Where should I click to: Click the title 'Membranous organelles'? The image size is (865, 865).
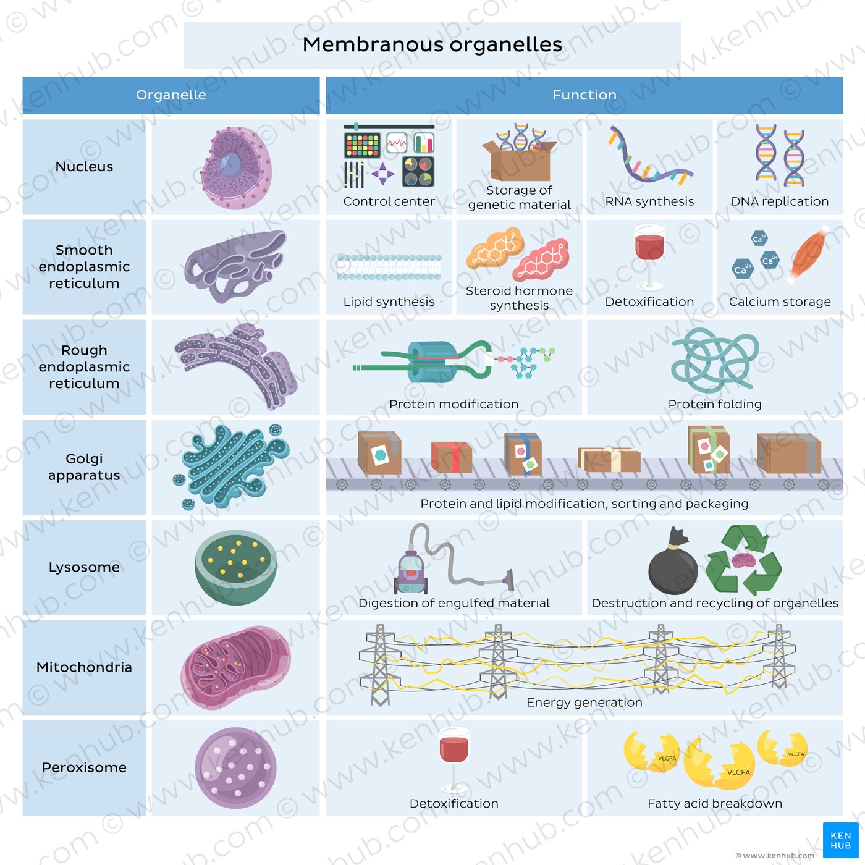coord(432,44)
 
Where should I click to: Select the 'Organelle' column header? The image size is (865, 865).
coord(171,95)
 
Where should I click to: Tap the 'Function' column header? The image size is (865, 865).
coord(584,95)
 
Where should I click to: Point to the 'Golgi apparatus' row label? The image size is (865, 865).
coord(84,467)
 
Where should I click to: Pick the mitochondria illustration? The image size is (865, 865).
coord(235,667)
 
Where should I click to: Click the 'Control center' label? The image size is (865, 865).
coord(389,201)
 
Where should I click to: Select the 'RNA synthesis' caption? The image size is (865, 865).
coord(649,201)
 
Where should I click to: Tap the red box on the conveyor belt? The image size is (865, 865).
coord(451,457)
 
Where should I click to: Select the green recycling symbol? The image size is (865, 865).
coord(743,560)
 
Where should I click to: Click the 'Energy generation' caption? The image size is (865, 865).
coord(584,703)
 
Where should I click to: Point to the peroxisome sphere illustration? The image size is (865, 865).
coord(235,768)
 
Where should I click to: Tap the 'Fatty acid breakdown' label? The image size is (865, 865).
coord(715,803)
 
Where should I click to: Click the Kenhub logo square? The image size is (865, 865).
coord(840,840)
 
